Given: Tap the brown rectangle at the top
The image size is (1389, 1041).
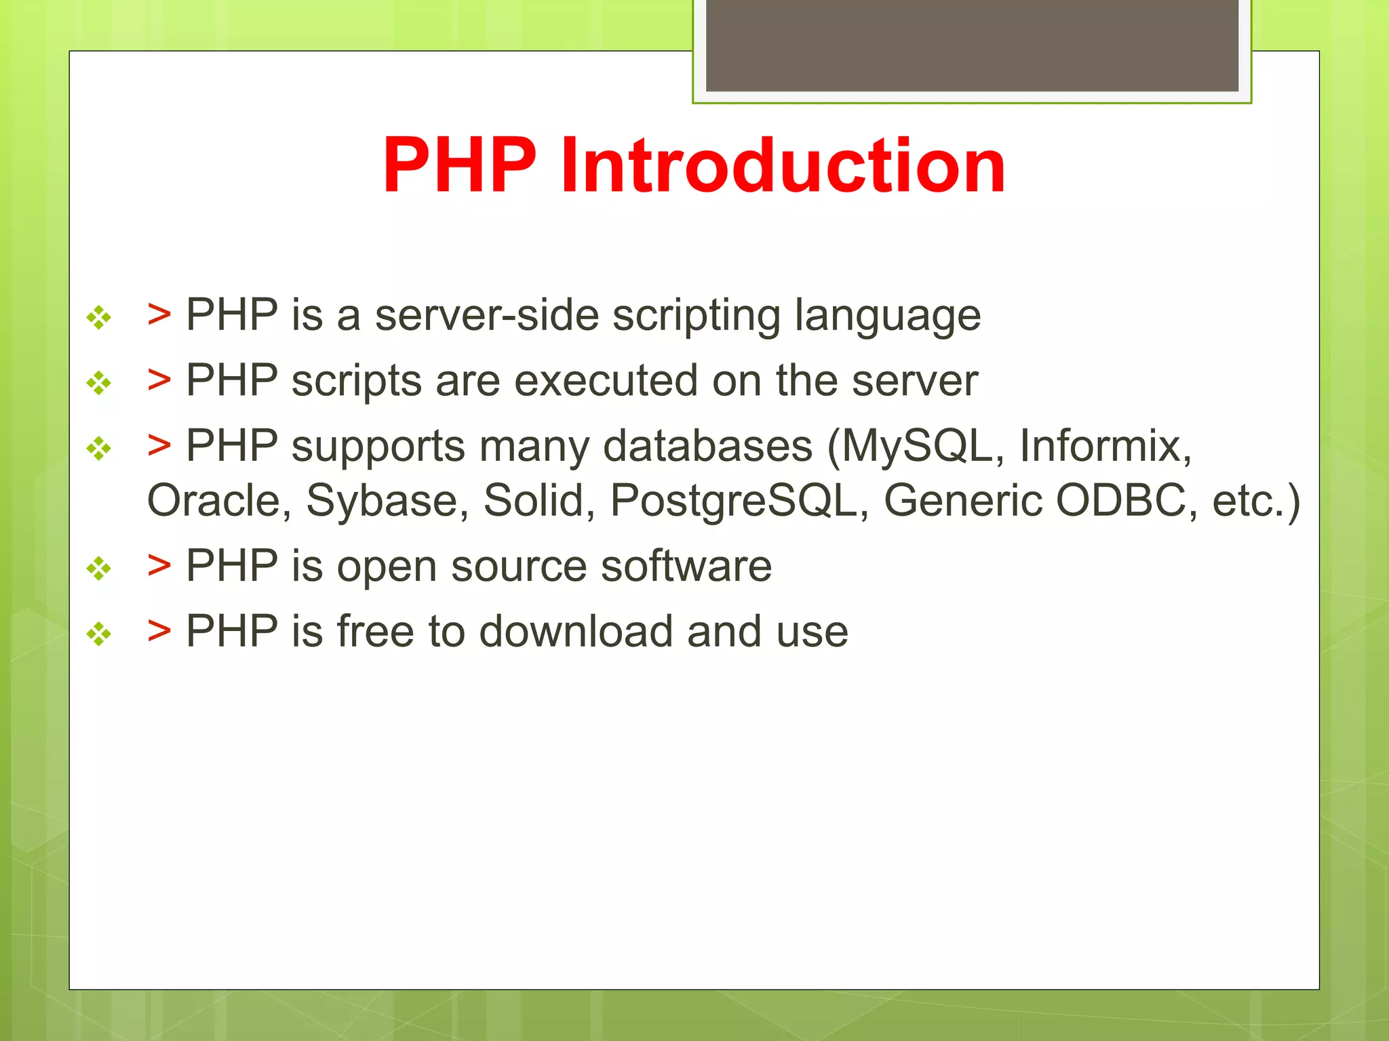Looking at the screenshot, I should click(x=972, y=45).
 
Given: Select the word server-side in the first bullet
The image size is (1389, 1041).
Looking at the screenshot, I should click(x=487, y=315).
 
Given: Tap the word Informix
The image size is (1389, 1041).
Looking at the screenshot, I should click(x=1106, y=446).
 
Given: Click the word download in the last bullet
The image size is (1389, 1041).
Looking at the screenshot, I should click(x=576, y=631).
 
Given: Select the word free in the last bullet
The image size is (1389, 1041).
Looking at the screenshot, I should click(x=375, y=631).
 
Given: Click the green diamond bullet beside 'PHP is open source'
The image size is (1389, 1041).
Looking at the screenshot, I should click(x=99, y=568).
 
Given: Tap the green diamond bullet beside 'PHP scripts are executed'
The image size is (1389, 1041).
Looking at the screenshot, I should click(x=99, y=383).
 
